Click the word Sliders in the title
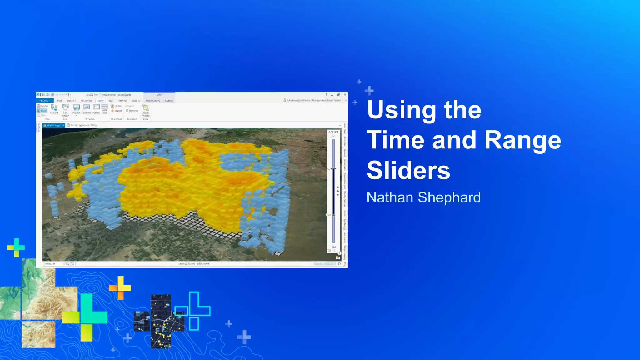tap(408, 171)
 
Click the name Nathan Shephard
tap(423, 197)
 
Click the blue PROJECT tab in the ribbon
tap(45, 101)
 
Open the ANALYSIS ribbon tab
tap(86, 101)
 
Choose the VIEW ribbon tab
tap(100, 101)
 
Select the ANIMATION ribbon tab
tap(152, 101)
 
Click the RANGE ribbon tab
tap(169, 101)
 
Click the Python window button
tap(96, 109)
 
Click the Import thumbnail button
tap(117, 111)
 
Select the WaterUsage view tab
tap(53, 125)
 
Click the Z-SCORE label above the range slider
tap(333, 132)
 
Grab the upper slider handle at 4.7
tap(334, 169)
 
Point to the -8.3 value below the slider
tap(333, 247)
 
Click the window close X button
tap(345, 95)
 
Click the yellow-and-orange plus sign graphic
tap(120, 287)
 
